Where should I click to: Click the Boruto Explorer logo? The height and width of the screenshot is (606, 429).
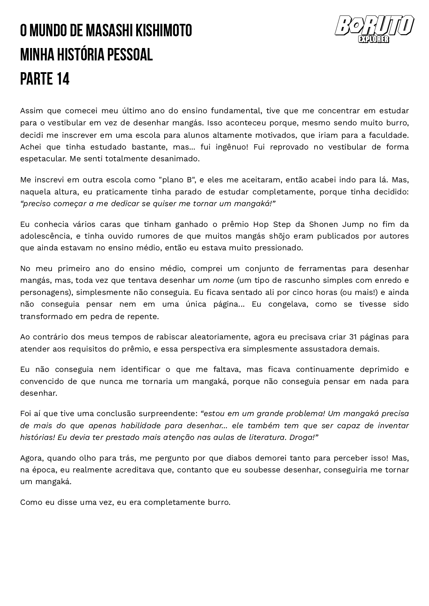click(x=374, y=29)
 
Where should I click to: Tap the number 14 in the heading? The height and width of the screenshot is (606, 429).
click(x=63, y=79)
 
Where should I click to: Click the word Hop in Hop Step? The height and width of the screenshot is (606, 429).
click(x=261, y=224)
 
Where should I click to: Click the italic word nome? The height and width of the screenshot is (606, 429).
click(x=223, y=280)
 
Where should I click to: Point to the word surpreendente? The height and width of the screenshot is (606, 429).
click(x=168, y=414)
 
